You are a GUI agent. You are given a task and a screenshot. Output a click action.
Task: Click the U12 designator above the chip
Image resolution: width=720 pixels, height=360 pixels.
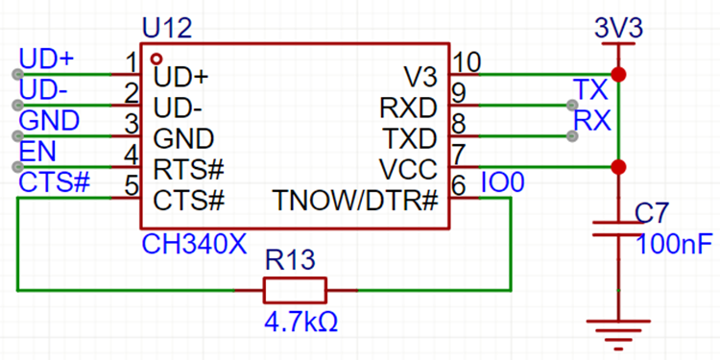167,30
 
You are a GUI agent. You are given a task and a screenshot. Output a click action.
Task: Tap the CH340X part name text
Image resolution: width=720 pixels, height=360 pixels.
195,244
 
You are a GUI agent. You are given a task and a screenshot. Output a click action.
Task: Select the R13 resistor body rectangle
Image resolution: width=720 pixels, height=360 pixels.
295,290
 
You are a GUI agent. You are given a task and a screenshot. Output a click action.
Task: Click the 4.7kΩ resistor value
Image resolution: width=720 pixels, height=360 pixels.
300,323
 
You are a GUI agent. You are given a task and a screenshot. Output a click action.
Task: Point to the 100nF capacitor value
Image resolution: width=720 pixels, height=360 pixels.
675,244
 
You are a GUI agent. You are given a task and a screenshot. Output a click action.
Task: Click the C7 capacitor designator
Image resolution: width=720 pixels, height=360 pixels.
653,213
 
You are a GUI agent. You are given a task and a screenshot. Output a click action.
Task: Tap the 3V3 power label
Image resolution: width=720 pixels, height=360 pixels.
618,30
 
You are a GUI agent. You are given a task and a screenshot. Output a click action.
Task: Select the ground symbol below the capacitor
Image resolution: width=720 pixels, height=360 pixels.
618,333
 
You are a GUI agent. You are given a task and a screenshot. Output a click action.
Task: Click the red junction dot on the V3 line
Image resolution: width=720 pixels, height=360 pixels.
618,74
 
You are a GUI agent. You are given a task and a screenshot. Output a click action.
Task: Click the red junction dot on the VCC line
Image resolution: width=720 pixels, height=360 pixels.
618,167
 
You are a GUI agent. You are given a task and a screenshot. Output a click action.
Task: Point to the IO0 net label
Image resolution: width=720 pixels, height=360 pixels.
502,183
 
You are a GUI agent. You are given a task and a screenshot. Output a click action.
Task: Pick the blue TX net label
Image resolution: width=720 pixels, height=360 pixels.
591,90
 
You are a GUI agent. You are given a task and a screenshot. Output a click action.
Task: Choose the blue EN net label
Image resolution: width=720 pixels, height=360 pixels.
37,152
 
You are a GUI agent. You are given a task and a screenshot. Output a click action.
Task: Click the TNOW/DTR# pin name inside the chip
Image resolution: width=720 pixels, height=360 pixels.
355,201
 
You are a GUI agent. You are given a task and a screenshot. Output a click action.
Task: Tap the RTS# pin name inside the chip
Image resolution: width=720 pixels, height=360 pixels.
189,170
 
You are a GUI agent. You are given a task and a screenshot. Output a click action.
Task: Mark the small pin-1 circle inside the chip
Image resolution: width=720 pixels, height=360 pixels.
156,59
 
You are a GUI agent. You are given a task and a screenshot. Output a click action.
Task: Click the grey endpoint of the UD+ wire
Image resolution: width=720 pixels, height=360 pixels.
18,74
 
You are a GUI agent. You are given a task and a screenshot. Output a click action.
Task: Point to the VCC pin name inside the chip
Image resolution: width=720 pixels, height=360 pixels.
408,170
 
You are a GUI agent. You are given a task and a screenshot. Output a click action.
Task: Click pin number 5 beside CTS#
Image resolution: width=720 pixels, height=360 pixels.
132,185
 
